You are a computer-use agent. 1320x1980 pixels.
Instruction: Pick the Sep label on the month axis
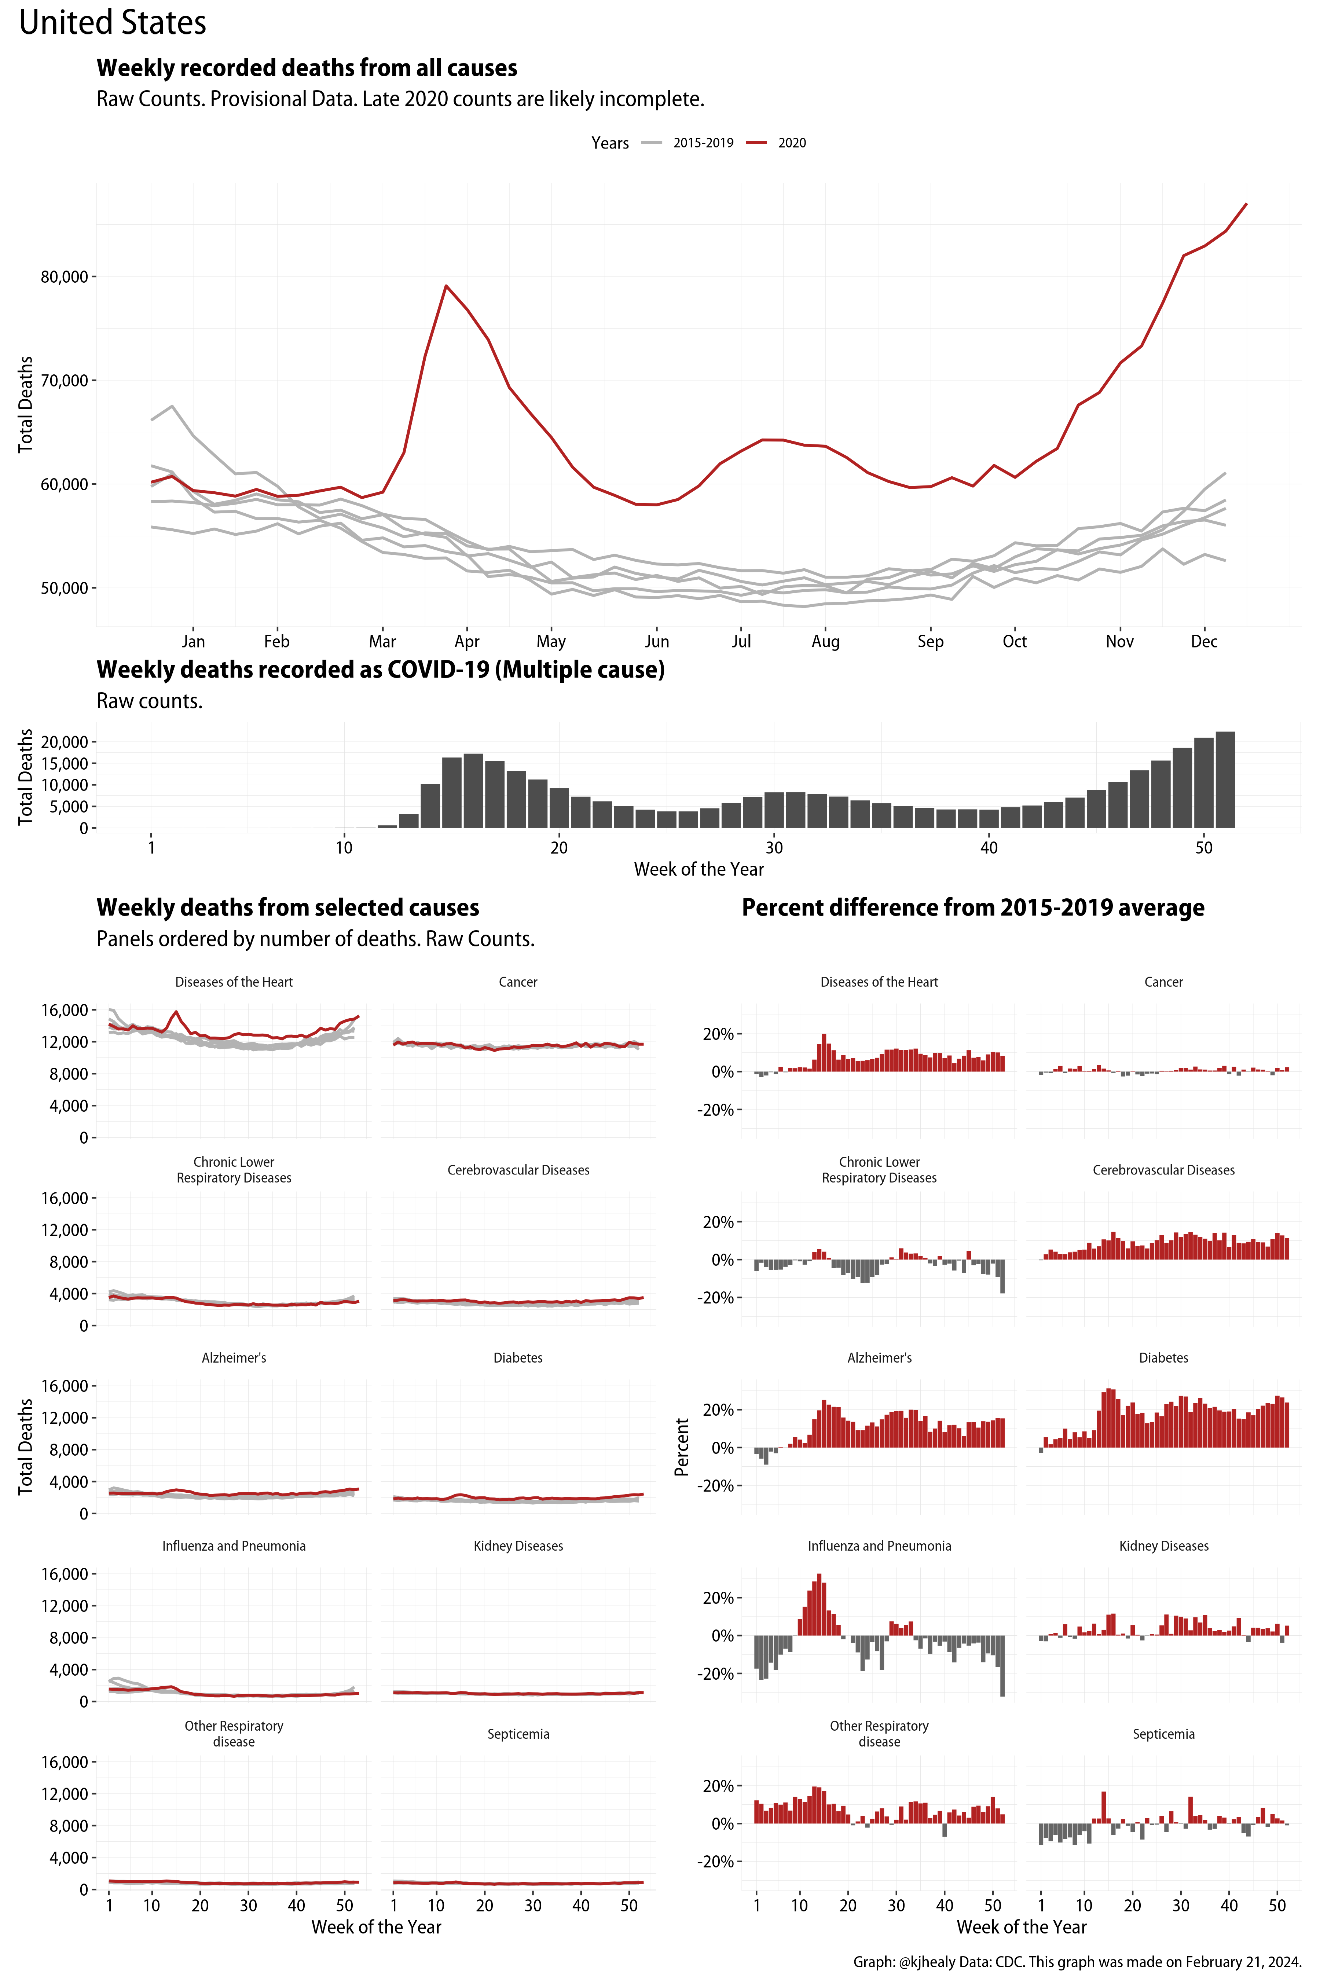point(930,641)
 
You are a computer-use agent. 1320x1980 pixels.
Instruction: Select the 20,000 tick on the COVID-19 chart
point(64,742)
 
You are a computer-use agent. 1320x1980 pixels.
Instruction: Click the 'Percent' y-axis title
point(682,1446)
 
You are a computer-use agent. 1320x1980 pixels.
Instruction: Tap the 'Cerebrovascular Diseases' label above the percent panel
point(1163,1170)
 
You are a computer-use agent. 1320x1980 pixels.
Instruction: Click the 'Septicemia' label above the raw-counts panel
point(518,1734)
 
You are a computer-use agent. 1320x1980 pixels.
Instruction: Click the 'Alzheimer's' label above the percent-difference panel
point(879,1358)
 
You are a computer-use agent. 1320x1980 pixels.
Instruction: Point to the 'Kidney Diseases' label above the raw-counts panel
point(518,1545)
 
